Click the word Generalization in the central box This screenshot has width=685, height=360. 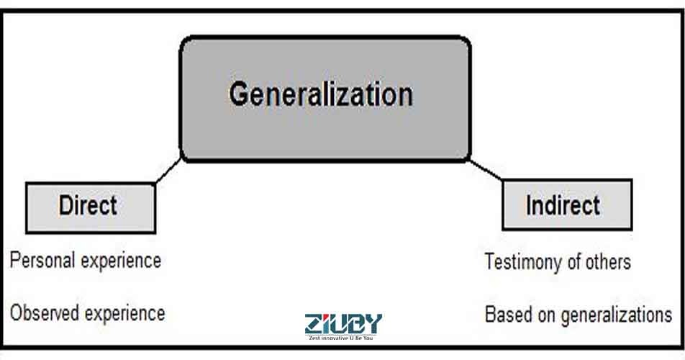[321, 95]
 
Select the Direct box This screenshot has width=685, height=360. [90, 207]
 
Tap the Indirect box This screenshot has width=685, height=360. [567, 205]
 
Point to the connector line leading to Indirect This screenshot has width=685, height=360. [486, 170]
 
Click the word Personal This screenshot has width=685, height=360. [40, 260]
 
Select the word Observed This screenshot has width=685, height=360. [45, 313]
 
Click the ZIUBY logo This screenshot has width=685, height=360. [343, 323]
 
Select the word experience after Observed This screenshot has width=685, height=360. [125, 314]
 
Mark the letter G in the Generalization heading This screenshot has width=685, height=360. [240, 95]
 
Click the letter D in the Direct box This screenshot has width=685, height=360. [65, 206]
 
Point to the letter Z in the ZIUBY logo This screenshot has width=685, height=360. [314, 323]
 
